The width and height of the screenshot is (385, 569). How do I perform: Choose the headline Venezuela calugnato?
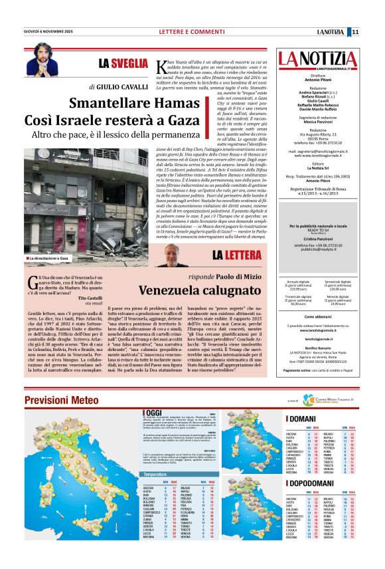(x=203, y=290)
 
